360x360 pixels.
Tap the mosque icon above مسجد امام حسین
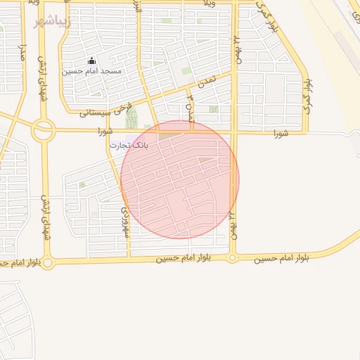coord(91,62)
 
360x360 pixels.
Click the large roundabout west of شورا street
coord(44,130)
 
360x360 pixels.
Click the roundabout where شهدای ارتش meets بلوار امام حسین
coord(48,264)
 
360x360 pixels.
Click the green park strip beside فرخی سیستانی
coord(131,117)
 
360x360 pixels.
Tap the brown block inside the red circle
coord(205,160)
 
